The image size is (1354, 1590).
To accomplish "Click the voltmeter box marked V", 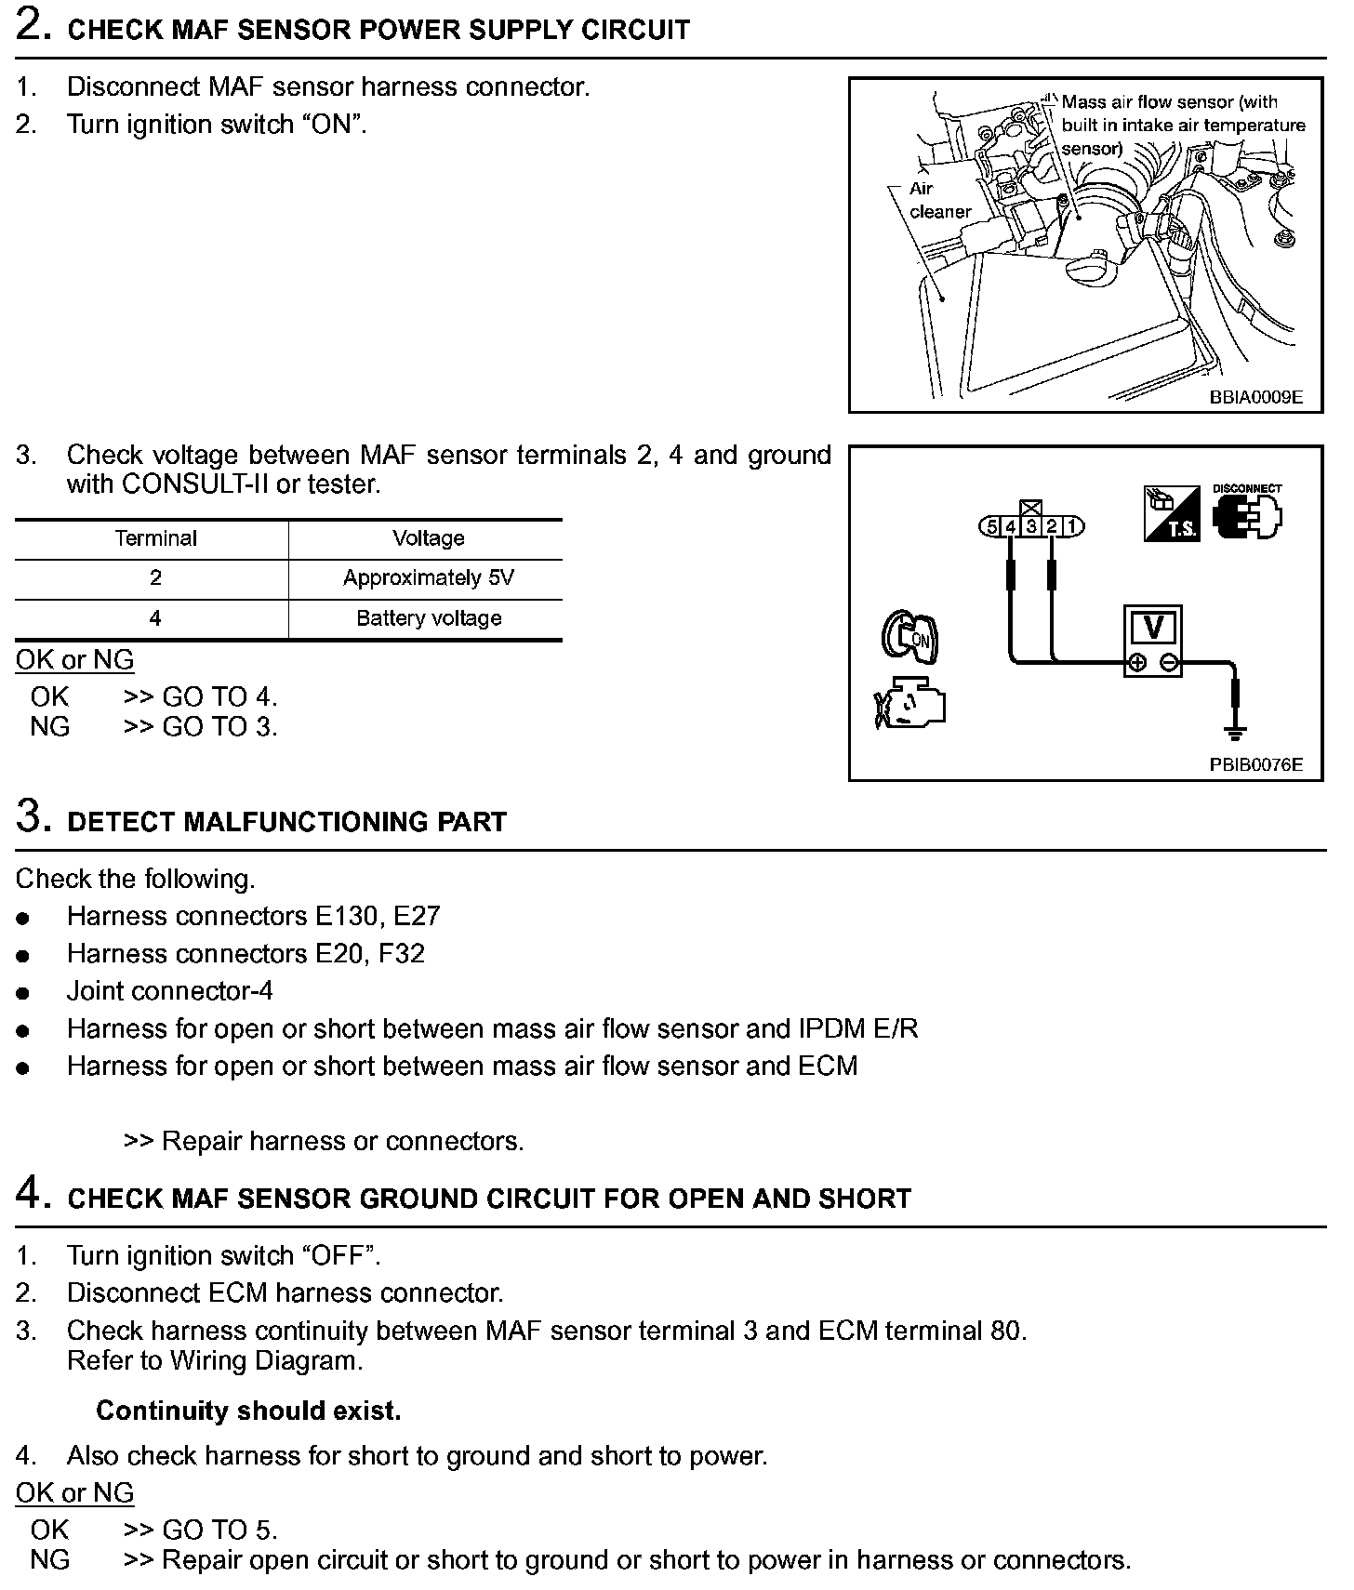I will (1152, 642).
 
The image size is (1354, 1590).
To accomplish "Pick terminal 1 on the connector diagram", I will (1072, 527).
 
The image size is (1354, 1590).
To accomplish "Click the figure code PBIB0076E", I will (1255, 765).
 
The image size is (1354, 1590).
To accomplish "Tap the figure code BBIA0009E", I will (1255, 397).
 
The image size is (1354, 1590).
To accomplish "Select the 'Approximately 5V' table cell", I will (428, 578).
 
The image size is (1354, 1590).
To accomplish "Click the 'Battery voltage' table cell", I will (428, 618).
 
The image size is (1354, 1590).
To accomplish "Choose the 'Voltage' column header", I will (428, 538).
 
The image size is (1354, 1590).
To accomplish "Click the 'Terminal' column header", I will (155, 538).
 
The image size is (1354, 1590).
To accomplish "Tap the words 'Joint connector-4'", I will (169, 991).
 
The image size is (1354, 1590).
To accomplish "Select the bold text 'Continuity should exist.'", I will (248, 1411).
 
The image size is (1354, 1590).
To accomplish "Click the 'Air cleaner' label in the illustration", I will (939, 200).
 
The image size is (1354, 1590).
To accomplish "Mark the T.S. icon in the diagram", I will (1171, 514).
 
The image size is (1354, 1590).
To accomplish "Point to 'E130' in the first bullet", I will (346, 916).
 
